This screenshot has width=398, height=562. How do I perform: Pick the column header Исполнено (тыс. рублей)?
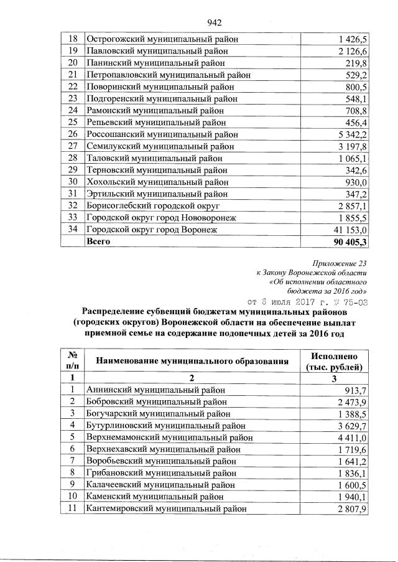338,360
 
